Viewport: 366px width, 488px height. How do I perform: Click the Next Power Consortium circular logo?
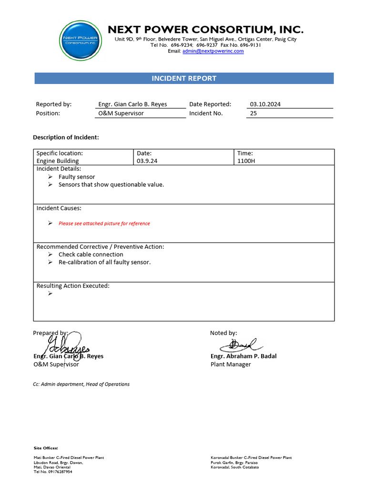click(x=81, y=41)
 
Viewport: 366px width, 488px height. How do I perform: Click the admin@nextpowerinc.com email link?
click(x=213, y=51)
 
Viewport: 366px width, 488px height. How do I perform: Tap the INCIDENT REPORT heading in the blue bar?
click(x=184, y=78)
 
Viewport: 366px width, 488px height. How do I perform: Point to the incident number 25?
click(x=254, y=113)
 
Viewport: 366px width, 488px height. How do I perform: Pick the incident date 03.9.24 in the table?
click(x=147, y=161)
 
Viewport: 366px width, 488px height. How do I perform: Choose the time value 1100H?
click(x=246, y=161)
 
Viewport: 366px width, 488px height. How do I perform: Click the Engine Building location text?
click(x=58, y=161)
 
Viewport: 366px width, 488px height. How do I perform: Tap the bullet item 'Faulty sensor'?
click(x=76, y=177)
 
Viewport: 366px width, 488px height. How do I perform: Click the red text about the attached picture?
click(x=104, y=224)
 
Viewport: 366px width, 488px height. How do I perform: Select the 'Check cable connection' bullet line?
click(x=91, y=254)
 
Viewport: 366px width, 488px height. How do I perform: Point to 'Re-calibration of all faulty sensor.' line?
click(x=104, y=262)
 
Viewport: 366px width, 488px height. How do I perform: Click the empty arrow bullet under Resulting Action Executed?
click(x=51, y=294)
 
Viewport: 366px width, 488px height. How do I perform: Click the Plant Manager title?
click(x=231, y=364)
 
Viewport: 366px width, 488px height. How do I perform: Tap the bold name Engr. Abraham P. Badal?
click(x=243, y=356)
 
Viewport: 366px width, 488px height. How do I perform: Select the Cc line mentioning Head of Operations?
click(x=81, y=384)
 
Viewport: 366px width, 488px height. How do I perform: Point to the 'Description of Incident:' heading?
click(x=66, y=137)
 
